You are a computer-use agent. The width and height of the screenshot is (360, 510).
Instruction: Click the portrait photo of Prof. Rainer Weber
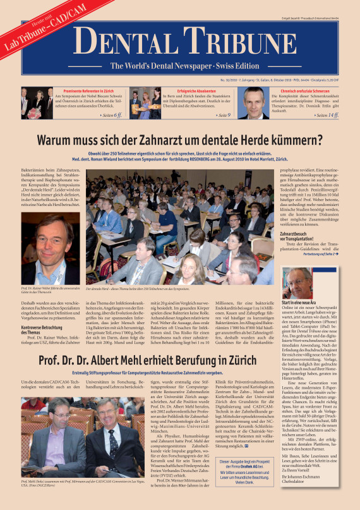pos(50,248)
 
